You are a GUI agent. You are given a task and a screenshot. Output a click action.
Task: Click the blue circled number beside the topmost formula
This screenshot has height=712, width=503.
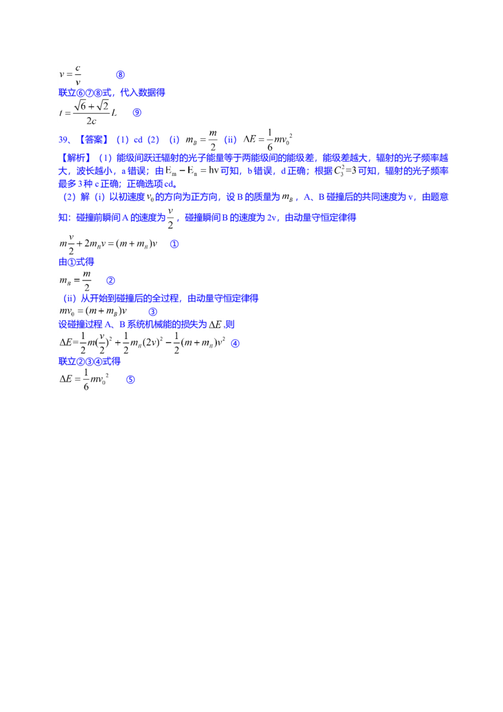[121, 75]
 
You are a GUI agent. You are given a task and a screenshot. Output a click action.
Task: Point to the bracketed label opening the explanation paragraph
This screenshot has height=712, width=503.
[77, 157]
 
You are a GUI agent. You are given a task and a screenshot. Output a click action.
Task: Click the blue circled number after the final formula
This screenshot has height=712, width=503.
[131, 381]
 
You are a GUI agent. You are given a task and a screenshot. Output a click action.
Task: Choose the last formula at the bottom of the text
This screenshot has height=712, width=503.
[86, 380]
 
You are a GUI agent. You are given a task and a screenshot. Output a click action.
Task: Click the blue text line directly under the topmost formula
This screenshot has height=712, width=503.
[111, 93]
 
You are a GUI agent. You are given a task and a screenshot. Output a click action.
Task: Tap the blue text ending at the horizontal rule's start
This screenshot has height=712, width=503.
[88, 361]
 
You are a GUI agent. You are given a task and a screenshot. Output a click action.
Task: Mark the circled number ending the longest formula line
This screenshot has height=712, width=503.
[235, 344]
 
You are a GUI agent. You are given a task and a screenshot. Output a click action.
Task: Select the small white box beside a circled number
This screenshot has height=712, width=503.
[216, 325]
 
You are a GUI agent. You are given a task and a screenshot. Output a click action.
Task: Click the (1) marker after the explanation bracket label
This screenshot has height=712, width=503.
[104, 157]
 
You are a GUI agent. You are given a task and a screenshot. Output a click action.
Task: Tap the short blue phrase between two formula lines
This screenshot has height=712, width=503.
[76, 262]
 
